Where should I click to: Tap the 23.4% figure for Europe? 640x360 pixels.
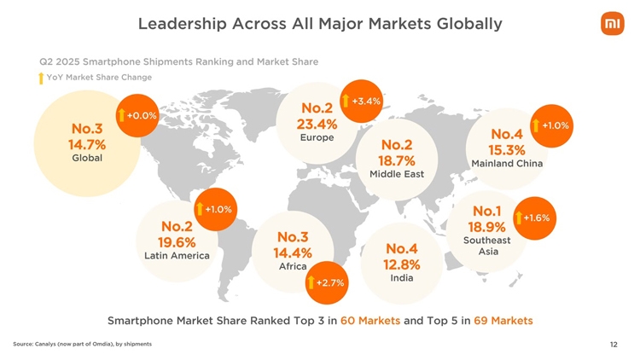tap(317, 125)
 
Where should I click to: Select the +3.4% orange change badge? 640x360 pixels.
tap(361, 102)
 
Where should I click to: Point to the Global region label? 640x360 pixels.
tap(87, 159)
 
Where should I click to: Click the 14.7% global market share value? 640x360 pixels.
tap(87, 143)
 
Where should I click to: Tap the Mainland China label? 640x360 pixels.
tap(507, 164)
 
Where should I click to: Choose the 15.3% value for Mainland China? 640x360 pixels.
tap(507, 149)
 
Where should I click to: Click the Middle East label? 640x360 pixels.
tap(397, 174)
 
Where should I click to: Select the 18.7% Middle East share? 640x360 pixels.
tap(397, 160)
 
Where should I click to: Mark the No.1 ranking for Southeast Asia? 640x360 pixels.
tap(487, 211)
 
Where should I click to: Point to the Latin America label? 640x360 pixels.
tap(177, 255)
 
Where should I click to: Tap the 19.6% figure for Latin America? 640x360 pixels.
tap(177, 241)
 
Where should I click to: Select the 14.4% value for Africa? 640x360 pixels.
tap(292, 253)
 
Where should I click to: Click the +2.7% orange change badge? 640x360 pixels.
tap(325, 282)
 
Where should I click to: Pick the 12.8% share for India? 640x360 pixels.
tap(402, 264)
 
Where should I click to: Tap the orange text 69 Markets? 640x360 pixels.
tap(503, 321)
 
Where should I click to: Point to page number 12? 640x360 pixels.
tap(614, 345)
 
